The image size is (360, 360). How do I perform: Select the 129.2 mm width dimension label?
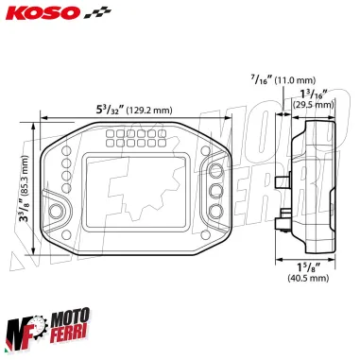coord(137,110)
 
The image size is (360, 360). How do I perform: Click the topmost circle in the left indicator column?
coord(66,151)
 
